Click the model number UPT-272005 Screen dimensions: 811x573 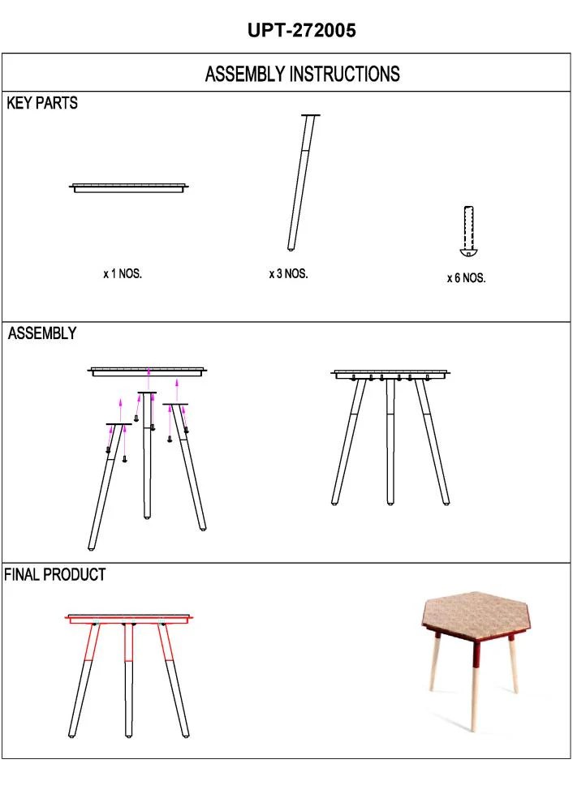click(x=302, y=31)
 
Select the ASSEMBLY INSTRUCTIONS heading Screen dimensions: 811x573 click(x=302, y=75)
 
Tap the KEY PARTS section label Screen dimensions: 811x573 click(x=42, y=104)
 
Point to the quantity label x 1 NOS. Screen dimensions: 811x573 click(x=123, y=274)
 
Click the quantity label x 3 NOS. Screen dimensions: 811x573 click(x=288, y=274)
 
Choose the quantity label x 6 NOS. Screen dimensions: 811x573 click(x=466, y=278)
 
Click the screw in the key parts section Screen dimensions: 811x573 click(x=467, y=231)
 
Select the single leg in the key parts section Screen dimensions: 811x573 click(x=300, y=182)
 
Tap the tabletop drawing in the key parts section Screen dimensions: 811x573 click(x=130, y=188)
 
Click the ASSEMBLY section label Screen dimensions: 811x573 click(x=42, y=333)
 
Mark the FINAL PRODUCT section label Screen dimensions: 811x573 click(x=55, y=575)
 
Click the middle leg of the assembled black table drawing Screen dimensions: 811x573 click(x=390, y=442)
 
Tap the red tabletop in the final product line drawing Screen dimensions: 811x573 click(x=130, y=619)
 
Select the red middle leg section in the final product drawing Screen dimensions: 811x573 click(x=128, y=643)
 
